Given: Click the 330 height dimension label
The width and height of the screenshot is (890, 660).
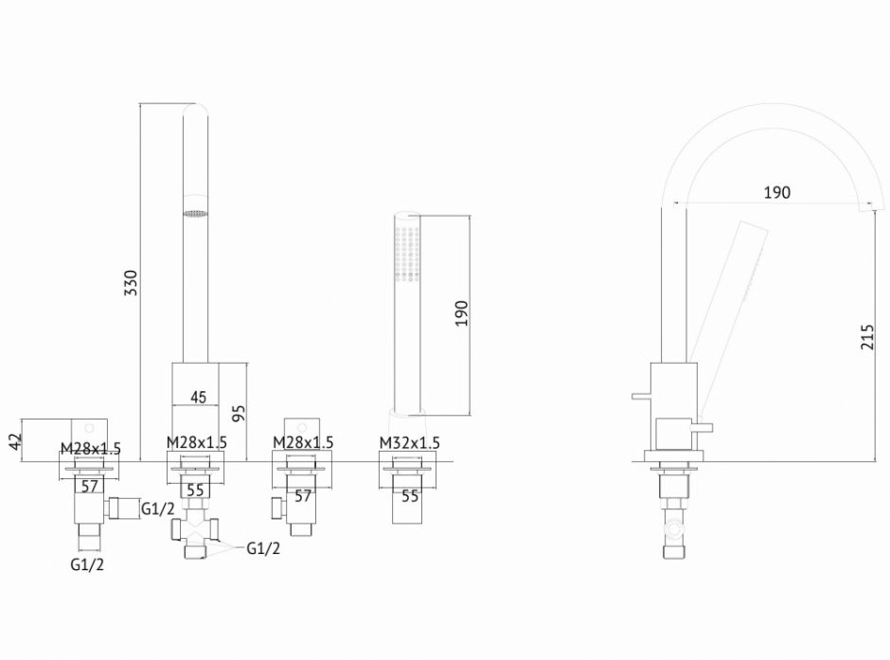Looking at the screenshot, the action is pos(131,282).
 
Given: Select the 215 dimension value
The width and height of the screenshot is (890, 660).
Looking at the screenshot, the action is pos(867,336).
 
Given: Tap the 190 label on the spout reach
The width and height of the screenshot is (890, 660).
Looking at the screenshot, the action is pos(776,192).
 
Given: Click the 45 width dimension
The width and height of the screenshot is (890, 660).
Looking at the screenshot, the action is pos(198,397).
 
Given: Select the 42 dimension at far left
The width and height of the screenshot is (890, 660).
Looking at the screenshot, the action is pos(15,439).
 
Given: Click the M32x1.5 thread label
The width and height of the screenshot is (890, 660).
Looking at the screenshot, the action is pos(409,442).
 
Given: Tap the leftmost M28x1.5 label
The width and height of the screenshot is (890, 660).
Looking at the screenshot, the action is pos(91,448).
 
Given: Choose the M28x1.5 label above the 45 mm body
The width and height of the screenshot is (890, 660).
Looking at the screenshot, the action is pos(196,442).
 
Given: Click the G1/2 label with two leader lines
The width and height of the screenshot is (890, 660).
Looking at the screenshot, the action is pos(263,548).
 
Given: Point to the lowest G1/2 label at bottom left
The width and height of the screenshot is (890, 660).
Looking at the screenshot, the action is pos(87,564).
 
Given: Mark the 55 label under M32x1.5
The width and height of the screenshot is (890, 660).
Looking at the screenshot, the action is pos(410,496).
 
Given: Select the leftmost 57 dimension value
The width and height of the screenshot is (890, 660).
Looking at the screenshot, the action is pos(90,486).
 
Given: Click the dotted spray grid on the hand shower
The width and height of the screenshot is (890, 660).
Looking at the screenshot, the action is pos(407,253).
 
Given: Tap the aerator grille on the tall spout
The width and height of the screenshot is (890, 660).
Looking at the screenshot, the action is pos(195,213).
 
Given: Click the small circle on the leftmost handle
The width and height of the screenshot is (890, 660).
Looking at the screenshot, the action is pos(89,427).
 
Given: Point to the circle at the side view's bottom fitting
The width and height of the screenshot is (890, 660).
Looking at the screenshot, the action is pos(674,529).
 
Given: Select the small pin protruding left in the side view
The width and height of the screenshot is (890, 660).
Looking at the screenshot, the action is pos(641,396).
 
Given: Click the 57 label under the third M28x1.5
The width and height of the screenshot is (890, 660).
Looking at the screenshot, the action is pos(303,495).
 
